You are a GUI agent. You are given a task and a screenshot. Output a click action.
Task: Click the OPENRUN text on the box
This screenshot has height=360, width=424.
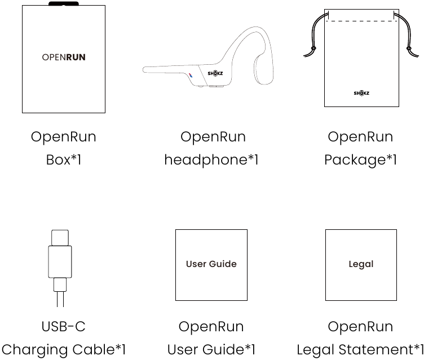(x=64, y=57)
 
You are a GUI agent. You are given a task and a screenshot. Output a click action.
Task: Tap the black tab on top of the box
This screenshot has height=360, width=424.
(x=64, y=3)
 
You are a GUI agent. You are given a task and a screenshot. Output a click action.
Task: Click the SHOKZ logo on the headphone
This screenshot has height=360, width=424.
(x=215, y=73)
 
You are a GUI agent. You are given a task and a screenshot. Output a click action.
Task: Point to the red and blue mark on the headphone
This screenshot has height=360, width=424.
(x=191, y=75)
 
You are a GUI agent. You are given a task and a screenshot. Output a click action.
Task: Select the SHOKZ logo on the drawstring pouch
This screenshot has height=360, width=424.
(x=361, y=93)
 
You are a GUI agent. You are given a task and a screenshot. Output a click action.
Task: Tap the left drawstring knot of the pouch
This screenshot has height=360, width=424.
(x=313, y=48)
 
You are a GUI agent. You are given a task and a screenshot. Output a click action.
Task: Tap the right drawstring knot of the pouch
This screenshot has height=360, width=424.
(x=409, y=48)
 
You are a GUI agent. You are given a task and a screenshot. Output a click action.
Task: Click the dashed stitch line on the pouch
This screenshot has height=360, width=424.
(x=361, y=21)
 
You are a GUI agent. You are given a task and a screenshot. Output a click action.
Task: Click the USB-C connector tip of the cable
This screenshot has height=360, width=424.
(x=60, y=238)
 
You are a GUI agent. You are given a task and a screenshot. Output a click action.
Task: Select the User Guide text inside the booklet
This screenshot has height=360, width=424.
(x=211, y=264)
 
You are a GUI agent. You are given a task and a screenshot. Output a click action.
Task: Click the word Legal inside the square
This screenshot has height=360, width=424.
(x=361, y=264)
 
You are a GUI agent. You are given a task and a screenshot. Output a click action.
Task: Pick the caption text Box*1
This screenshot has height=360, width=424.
(x=64, y=160)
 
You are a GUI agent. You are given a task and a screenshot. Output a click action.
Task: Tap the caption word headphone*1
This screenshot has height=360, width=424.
(x=211, y=160)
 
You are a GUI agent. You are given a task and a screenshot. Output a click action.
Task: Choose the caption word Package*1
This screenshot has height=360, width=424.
(x=360, y=160)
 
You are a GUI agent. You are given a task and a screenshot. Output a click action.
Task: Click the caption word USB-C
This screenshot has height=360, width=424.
(x=64, y=326)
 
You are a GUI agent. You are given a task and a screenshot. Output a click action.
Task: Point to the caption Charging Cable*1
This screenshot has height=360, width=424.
(x=64, y=349)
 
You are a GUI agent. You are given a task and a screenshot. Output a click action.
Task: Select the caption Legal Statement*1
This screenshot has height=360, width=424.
(x=360, y=349)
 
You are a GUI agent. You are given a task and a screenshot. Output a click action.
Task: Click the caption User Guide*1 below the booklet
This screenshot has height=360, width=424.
(x=211, y=349)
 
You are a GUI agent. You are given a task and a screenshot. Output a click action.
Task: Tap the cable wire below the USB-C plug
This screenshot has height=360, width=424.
(x=60, y=299)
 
